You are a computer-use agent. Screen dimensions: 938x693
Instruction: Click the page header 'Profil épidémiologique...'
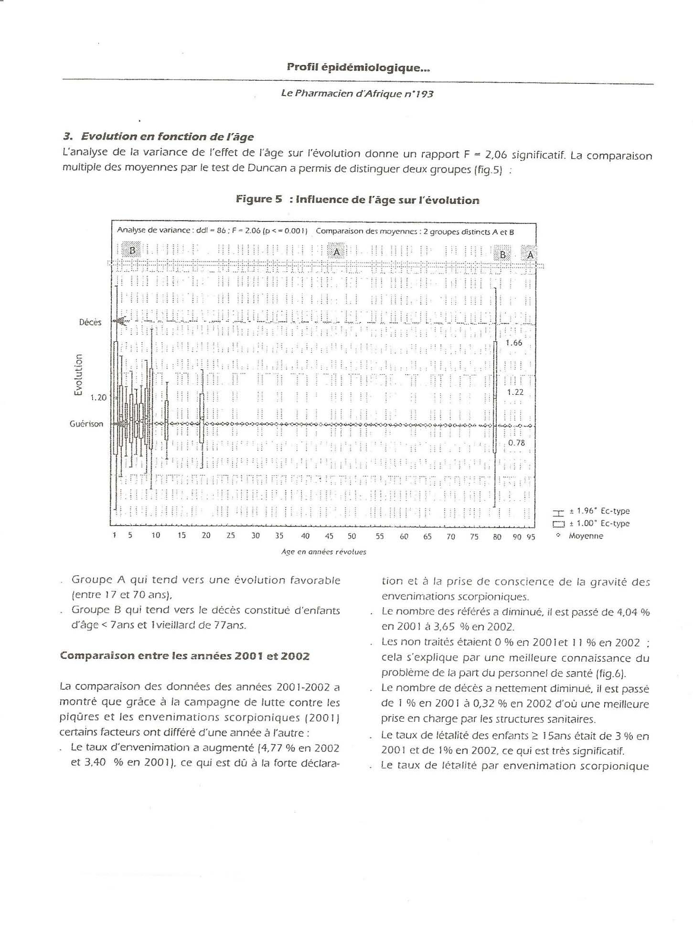(x=358, y=68)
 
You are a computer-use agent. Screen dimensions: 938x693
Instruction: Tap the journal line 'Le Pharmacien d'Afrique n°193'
(x=357, y=94)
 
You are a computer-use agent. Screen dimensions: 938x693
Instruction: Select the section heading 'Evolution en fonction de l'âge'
(x=167, y=137)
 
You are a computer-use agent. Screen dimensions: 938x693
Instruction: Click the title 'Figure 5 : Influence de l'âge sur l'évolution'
(x=357, y=200)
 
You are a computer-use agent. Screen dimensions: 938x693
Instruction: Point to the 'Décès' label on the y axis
(x=90, y=322)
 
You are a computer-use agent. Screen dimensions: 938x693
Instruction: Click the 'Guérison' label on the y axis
(x=86, y=424)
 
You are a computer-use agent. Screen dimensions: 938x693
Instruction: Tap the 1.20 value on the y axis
(x=98, y=397)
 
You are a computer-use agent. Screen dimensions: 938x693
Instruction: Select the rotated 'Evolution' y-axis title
(x=78, y=375)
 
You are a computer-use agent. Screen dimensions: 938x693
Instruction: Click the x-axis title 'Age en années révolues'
(x=324, y=552)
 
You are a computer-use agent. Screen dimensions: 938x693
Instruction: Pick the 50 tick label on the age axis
(x=352, y=536)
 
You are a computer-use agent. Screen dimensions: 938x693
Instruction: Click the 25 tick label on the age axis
(x=231, y=536)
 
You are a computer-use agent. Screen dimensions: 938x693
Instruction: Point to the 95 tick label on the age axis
(x=531, y=537)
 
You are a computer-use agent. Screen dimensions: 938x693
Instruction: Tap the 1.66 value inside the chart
(x=514, y=343)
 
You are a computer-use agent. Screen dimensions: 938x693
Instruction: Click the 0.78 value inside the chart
(x=516, y=443)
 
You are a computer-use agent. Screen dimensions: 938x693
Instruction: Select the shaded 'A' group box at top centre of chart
(x=337, y=252)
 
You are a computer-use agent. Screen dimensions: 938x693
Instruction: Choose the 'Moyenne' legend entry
(x=586, y=536)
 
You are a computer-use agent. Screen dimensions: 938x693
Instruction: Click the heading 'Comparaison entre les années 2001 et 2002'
(x=185, y=656)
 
